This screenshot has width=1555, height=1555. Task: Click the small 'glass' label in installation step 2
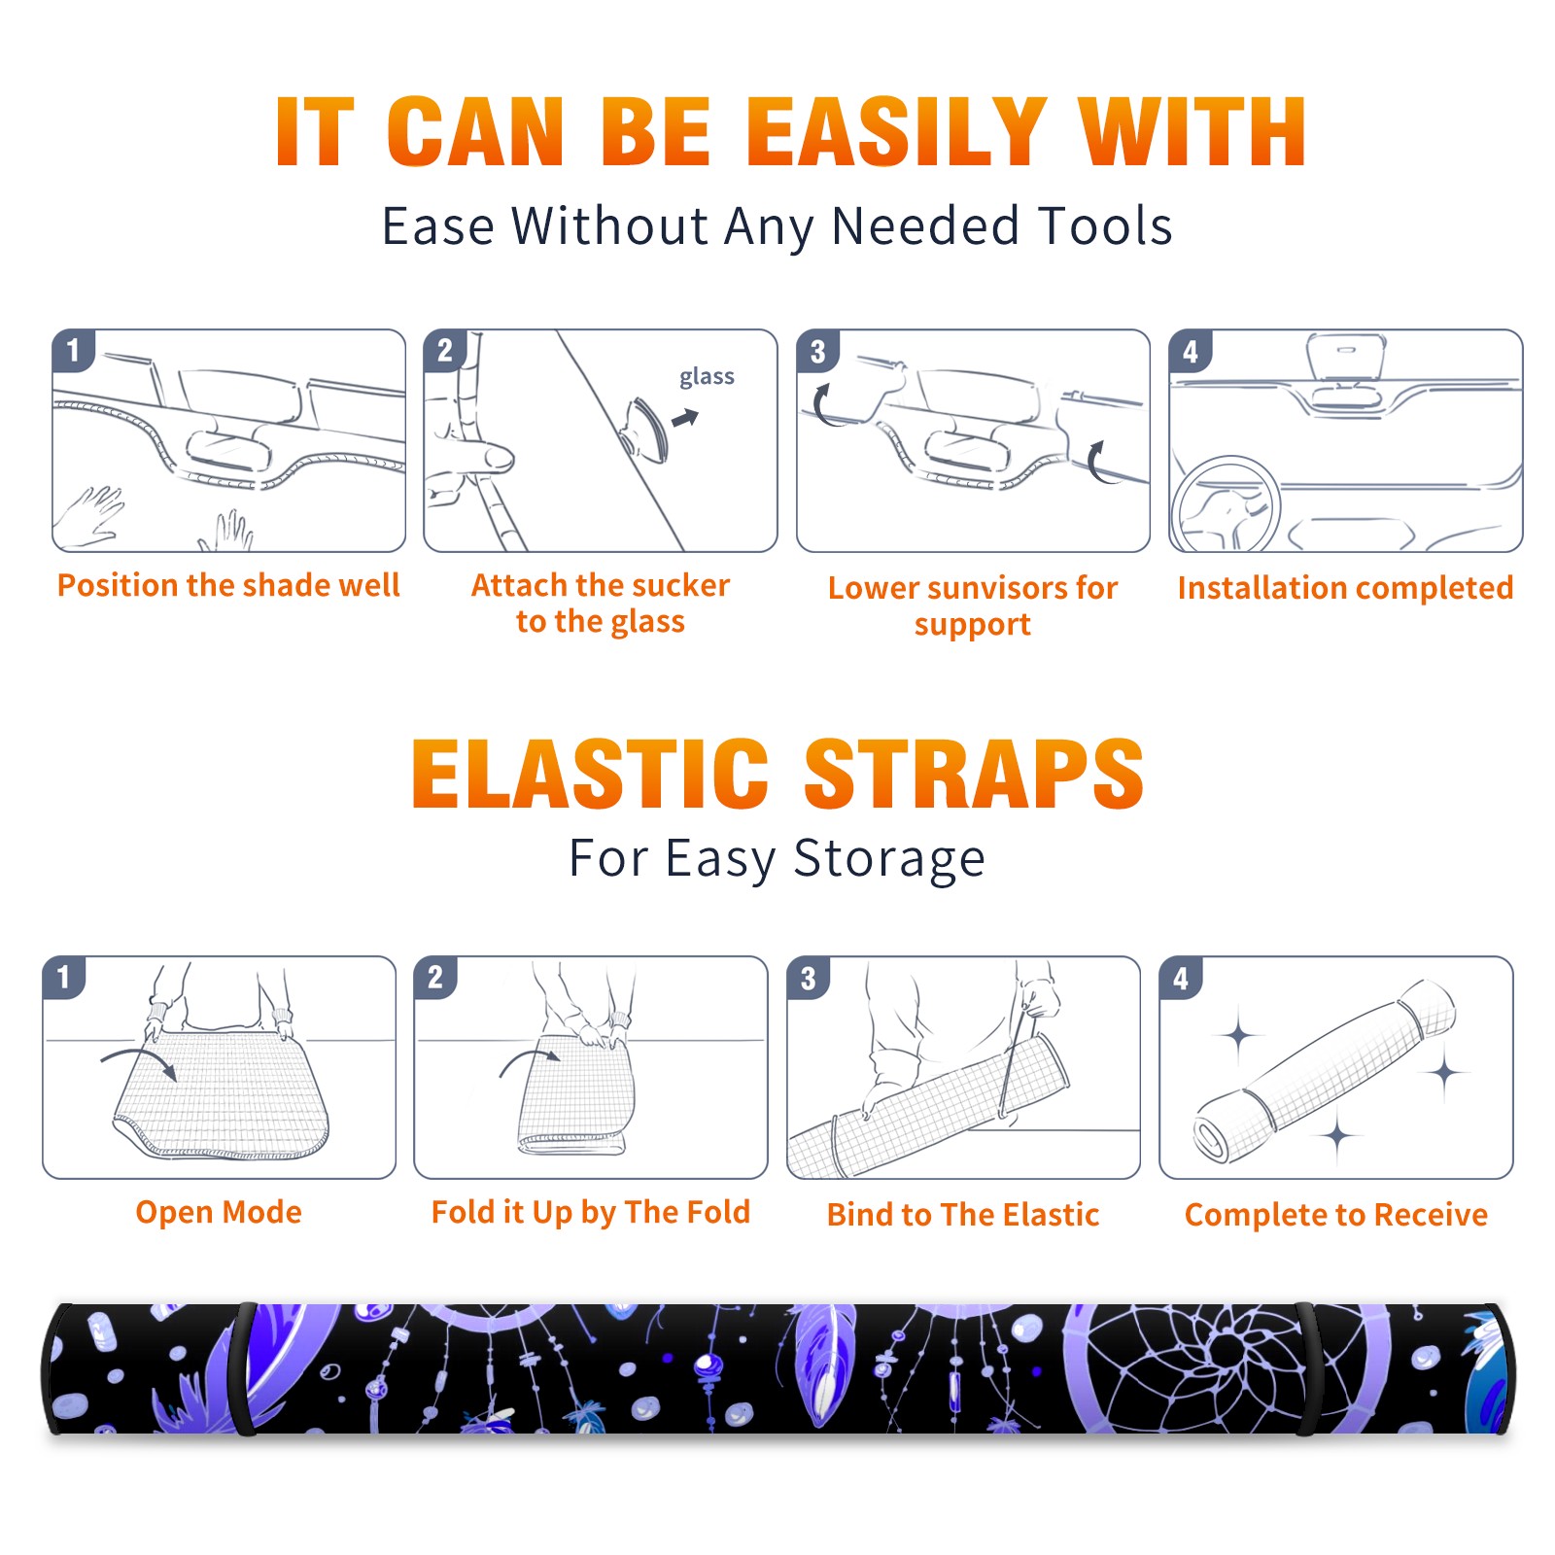(x=707, y=377)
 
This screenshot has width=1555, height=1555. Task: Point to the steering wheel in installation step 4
(x=1225, y=504)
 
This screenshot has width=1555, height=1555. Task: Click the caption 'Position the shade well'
(x=228, y=585)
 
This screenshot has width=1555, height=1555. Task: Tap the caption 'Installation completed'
(x=1345, y=587)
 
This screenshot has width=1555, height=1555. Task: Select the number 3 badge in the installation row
(x=816, y=351)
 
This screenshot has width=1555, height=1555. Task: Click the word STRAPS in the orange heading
(x=974, y=774)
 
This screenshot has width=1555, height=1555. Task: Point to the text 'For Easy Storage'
(x=777, y=858)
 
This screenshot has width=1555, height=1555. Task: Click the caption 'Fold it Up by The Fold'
(x=591, y=1212)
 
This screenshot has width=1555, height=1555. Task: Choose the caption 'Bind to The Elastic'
(x=963, y=1215)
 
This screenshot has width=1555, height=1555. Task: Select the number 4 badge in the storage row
(x=1181, y=978)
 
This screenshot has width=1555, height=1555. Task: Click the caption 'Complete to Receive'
(x=1336, y=1215)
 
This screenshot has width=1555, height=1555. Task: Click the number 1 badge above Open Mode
(x=64, y=978)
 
